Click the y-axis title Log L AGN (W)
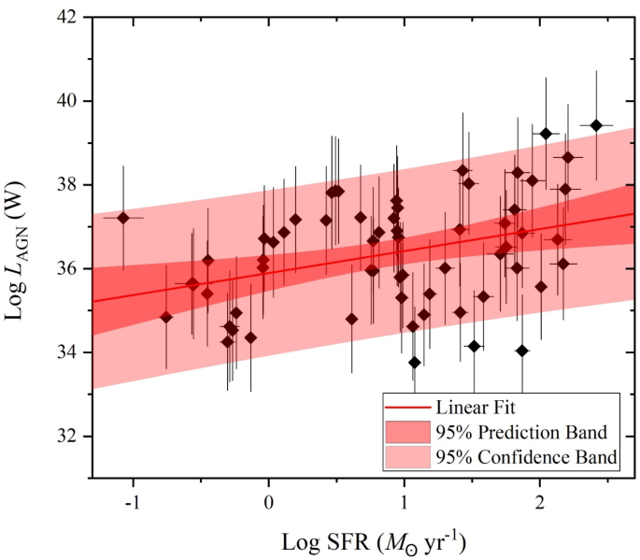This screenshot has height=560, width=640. point(21,247)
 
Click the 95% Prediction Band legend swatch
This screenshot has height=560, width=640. point(407,433)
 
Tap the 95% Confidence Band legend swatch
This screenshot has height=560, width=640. point(407,457)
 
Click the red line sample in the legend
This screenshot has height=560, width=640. point(407,409)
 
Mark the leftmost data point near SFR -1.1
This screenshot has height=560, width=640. point(122,217)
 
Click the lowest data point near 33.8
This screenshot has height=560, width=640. point(415,362)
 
